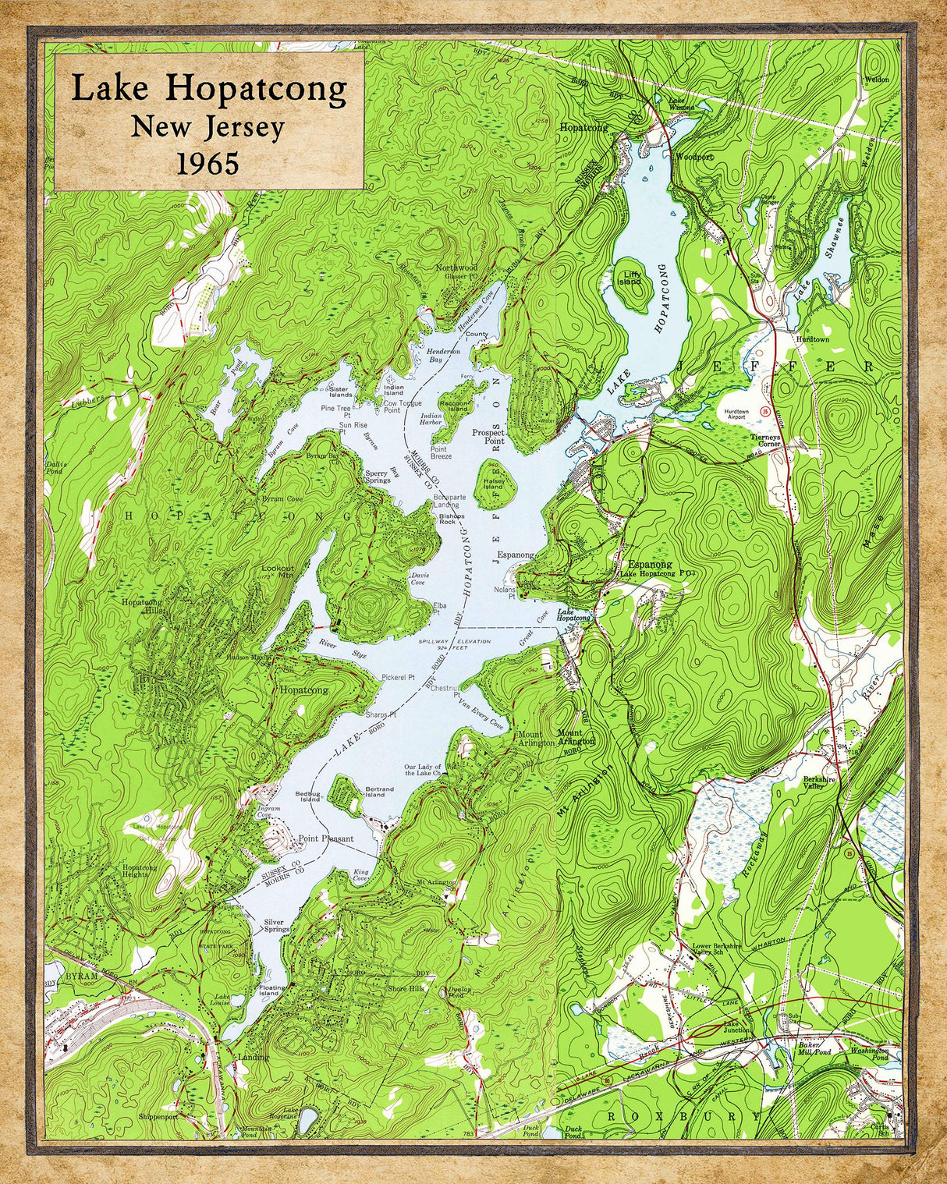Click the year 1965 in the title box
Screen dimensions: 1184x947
click(207, 163)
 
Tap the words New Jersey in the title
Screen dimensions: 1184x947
click(207, 126)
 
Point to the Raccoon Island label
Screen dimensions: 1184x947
click(454, 406)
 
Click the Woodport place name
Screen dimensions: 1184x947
click(694, 157)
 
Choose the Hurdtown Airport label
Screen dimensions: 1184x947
click(736, 415)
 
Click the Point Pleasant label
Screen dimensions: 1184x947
click(326, 839)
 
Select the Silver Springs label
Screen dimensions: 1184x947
click(276, 925)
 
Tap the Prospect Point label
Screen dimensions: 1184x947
click(489, 436)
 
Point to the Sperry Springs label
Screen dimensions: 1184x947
click(377, 477)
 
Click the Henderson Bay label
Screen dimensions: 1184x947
click(444, 356)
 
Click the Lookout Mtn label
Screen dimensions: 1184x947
click(278, 571)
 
